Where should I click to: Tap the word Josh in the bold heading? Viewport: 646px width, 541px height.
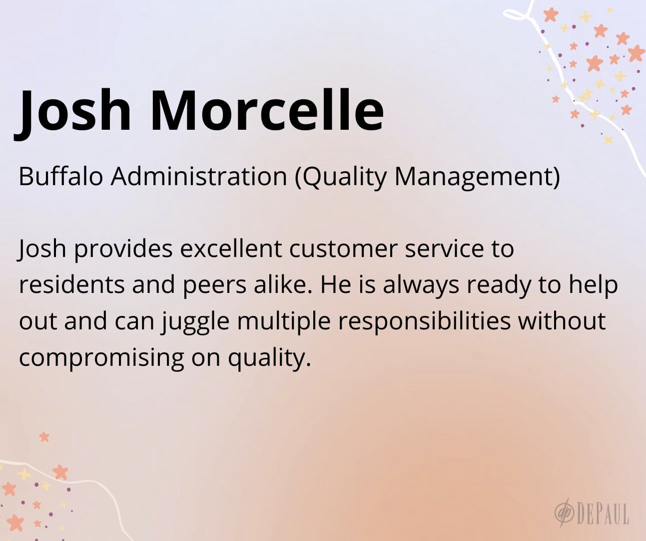73,114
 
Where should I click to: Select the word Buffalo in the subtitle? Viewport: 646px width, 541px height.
60,176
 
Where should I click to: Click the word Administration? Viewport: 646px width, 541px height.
199,176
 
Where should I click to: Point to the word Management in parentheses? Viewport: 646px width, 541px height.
477,178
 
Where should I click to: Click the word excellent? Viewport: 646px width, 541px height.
231,249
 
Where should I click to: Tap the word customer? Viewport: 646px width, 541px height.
343,249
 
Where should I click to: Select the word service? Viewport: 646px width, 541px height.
444,249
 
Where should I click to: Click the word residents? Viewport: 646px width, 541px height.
72,284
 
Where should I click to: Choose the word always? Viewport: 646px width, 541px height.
421,286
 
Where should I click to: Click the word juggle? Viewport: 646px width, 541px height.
195,322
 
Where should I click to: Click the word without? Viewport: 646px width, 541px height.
562,320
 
